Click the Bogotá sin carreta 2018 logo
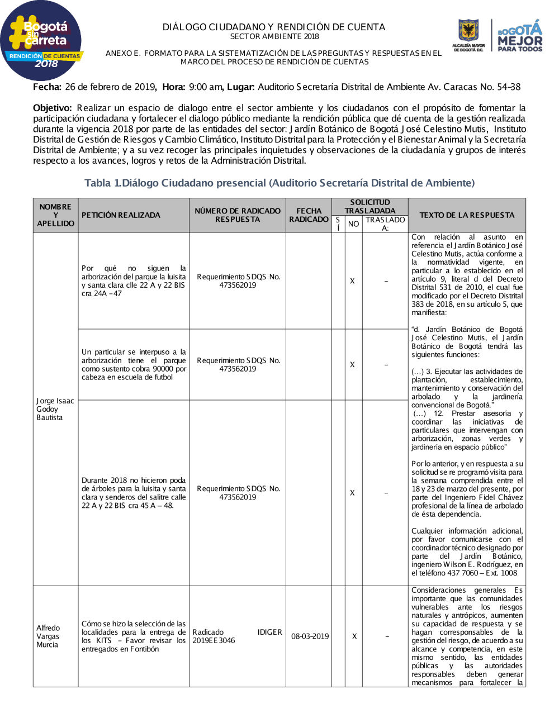click(x=41, y=42)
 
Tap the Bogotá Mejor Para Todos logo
click(x=520, y=37)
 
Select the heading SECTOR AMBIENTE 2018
click(x=274, y=36)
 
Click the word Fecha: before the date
click(x=47, y=87)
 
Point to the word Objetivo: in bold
click(x=53, y=108)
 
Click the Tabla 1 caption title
click(x=279, y=183)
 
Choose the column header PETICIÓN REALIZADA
click(x=121, y=215)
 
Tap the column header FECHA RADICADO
click(x=309, y=215)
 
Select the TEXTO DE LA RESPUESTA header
click(x=467, y=215)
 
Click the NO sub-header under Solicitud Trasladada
click(x=353, y=224)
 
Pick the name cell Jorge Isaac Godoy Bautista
click(x=55, y=409)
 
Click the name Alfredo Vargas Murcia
click(x=48, y=636)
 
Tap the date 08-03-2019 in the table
click(x=310, y=636)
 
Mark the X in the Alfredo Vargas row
click(x=354, y=636)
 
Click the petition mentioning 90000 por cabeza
click(x=134, y=364)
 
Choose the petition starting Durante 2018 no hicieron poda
click(x=134, y=493)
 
